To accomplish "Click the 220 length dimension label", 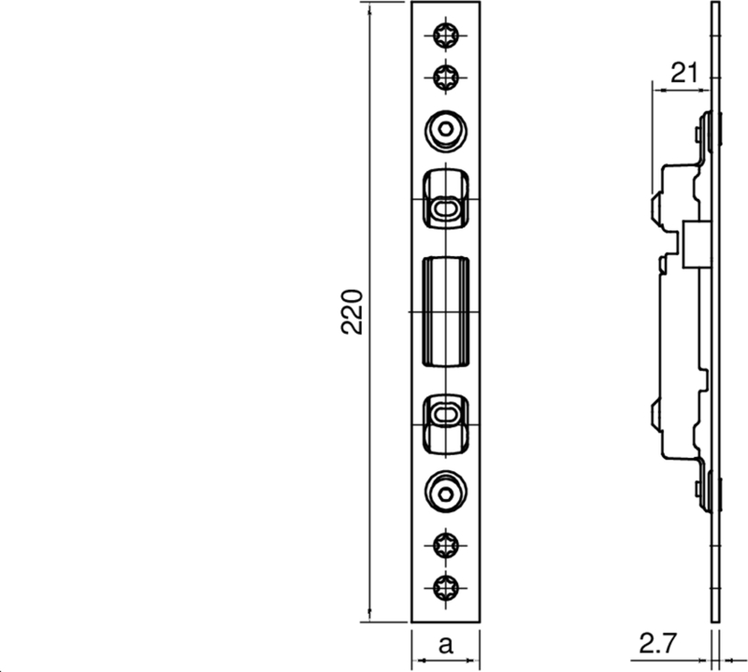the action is point(352,311).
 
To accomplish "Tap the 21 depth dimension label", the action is point(684,73).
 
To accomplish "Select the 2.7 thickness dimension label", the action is point(657,643).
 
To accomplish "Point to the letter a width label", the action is point(445,645).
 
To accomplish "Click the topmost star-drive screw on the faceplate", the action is point(446,35).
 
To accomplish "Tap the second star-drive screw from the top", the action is point(446,78).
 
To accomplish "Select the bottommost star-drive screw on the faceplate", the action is point(446,588).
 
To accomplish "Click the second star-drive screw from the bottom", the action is point(446,546).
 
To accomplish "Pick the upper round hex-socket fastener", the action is point(446,131).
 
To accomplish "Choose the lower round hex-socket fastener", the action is point(446,493).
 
